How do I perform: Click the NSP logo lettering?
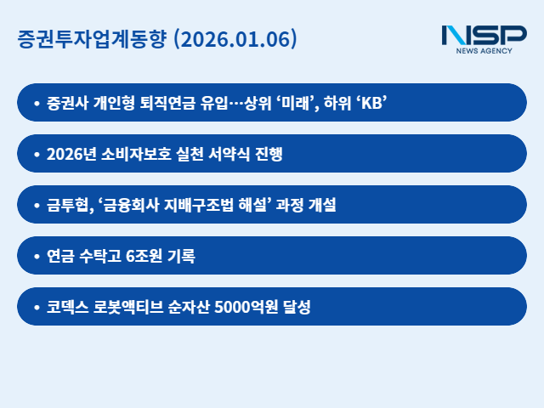click(x=484, y=36)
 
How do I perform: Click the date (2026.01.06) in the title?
click(x=235, y=39)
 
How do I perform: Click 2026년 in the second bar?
click(x=70, y=154)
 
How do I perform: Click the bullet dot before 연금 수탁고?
click(x=36, y=256)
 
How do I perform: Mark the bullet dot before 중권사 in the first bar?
click(x=36, y=104)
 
